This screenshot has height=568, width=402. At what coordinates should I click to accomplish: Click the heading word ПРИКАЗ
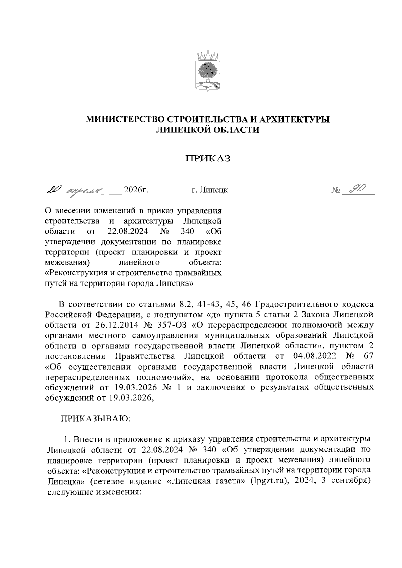(x=208, y=158)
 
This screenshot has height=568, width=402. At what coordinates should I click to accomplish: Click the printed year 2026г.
(x=136, y=190)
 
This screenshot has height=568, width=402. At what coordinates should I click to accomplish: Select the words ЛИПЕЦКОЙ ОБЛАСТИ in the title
(x=208, y=130)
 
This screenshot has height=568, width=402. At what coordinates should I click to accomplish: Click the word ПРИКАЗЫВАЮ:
(x=95, y=419)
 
